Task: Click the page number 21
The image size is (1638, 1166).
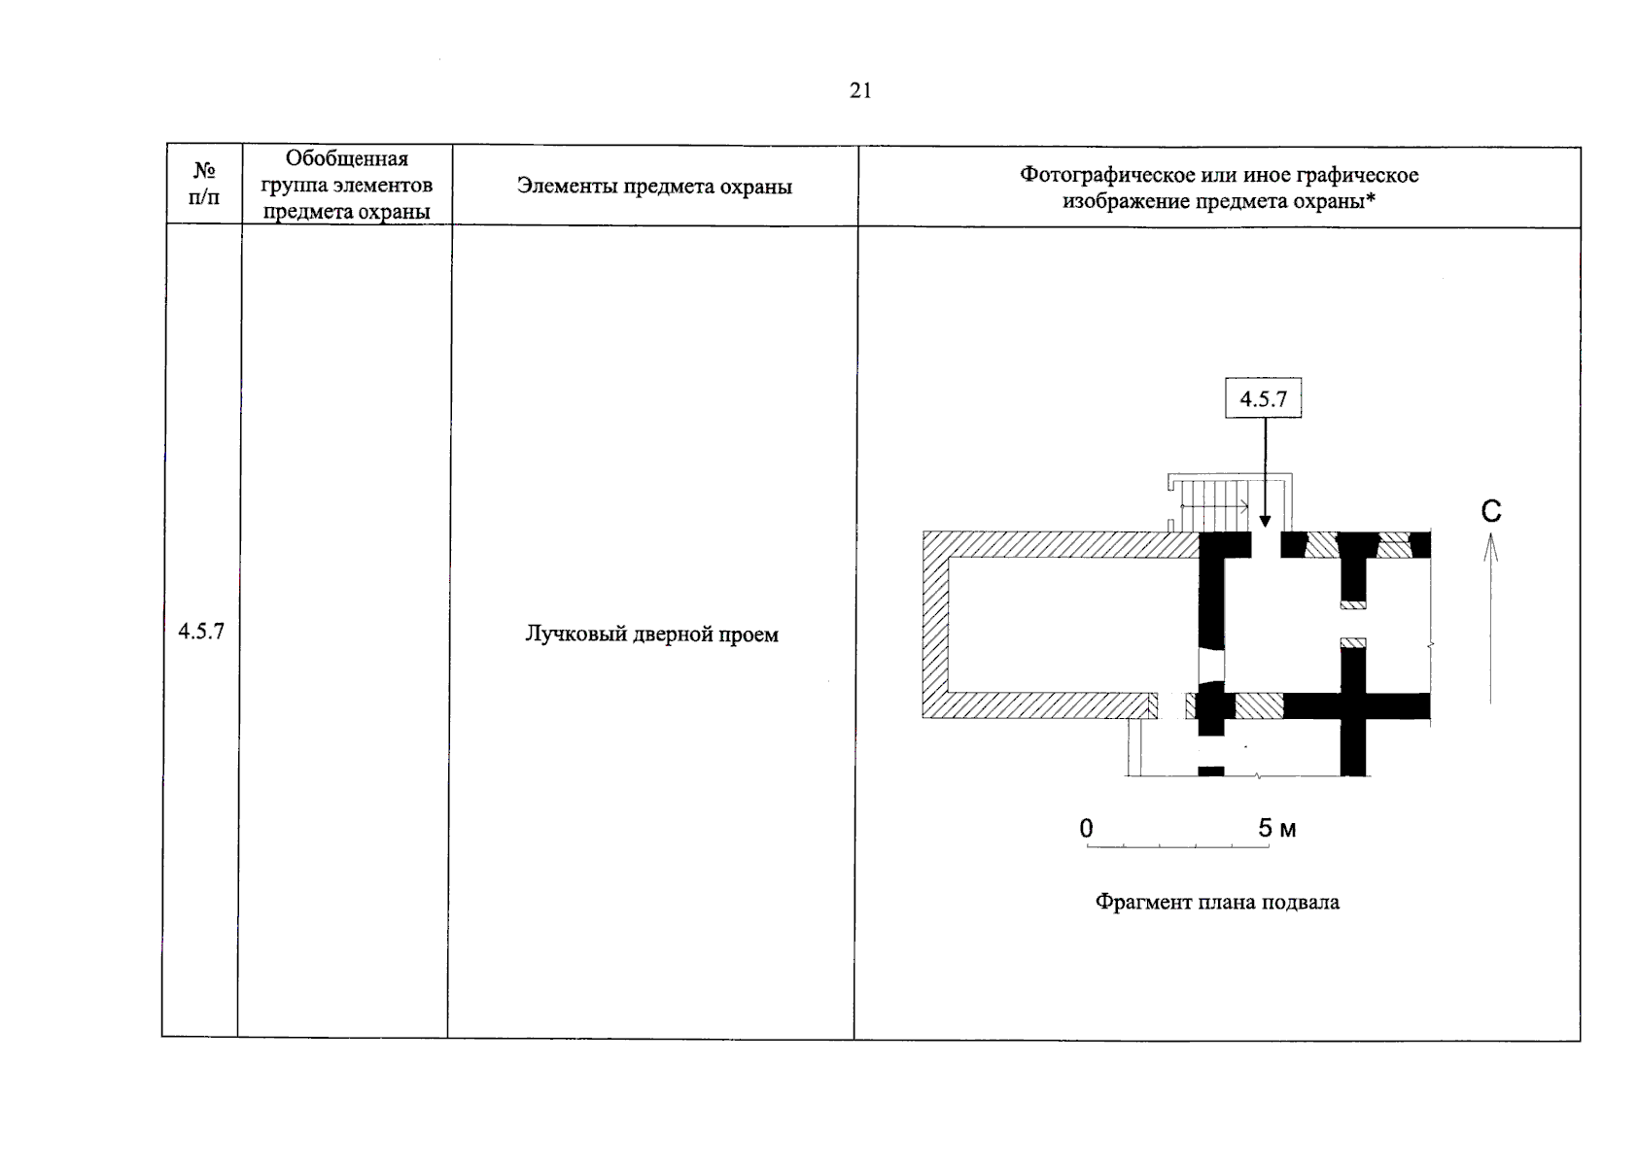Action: pyautogui.click(x=860, y=91)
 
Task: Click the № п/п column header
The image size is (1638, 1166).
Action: pyautogui.click(x=204, y=184)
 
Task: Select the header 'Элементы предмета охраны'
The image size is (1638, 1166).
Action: pyautogui.click(x=654, y=187)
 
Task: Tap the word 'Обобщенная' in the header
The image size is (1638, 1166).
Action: pyautogui.click(x=347, y=158)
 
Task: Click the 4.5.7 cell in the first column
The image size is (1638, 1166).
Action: pyautogui.click(x=201, y=632)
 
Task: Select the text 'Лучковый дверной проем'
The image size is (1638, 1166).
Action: pyautogui.click(x=651, y=634)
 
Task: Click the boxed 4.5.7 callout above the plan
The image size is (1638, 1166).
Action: pyautogui.click(x=1263, y=398)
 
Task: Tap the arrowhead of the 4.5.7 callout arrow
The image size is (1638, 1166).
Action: pyautogui.click(x=1265, y=521)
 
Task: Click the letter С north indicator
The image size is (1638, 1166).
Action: pyautogui.click(x=1491, y=511)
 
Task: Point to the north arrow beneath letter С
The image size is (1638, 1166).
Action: pyautogui.click(x=1490, y=622)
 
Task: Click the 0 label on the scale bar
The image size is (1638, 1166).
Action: pyautogui.click(x=1087, y=828)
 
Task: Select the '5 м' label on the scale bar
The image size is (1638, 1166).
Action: pyautogui.click(x=1276, y=828)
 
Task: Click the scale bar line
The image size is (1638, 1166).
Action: pyautogui.click(x=1177, y=847)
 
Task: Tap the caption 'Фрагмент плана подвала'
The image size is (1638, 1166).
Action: pyautogui.click(x=1217, y=902)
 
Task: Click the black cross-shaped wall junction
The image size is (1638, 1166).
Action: pyautogui.click(x=1353, y=706)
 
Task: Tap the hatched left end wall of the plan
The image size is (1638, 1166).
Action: pyautogui.click(x=935, y=624)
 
